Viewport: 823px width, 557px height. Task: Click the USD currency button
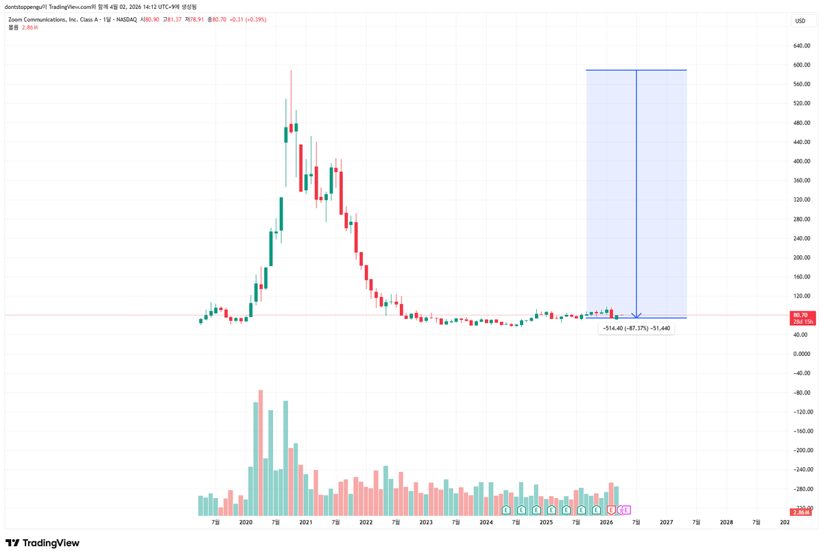pyautogui.click(x=800, y=21)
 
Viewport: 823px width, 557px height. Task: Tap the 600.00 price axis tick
pyautogui.click(x=802, y=65)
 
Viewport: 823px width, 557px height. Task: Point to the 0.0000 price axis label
pyautogui.click(x=802, y=354)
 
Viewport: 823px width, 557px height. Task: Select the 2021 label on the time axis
pyautogui.click(x=306, y=522)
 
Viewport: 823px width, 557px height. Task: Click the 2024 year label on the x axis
pyautogui.click(x=486, y=522)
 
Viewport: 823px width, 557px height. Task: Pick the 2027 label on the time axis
pyautogui.click(x=666, y=522)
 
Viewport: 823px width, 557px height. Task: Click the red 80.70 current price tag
pyautogui.click(x=801, y=315)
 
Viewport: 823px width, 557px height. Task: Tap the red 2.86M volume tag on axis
pyautogui.click(x=800, y=512)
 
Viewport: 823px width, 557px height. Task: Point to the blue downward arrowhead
pyautogui.click(x=636, y=315)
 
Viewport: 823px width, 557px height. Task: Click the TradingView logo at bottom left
pyautogui.click(x=43, y=543)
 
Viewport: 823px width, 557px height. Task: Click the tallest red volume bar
pyautogui.click(x=261, y=453)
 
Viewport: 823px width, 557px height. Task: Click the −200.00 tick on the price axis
pyautogui.click(x=802, y=451)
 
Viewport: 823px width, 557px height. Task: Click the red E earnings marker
pyautogui.click(x=611, y=510)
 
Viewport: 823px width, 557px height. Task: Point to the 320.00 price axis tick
pyautogui.click(x=802, y=200)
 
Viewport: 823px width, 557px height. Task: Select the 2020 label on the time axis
pyautogui.click(x=246, y=522)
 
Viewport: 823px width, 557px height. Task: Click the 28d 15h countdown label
pyautogui.click(x=801, y=322)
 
